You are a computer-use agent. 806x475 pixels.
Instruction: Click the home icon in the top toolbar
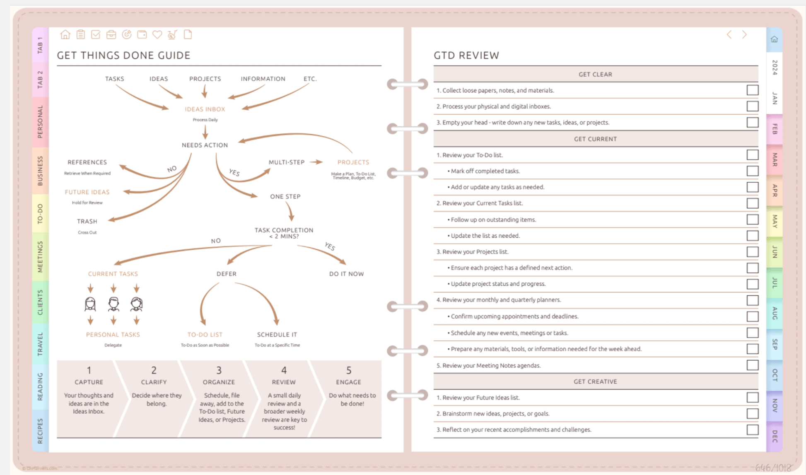click(x=65, y=35)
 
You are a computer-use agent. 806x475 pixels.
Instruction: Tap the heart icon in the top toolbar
click(x=157, y=35)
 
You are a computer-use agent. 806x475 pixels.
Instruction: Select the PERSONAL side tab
click(x=40, y=122)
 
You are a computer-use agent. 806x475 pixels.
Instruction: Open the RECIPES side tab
click(x=40, y=431)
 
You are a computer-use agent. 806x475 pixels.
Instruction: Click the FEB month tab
click(x=775, y=129)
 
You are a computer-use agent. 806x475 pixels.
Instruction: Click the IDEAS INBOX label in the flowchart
click(x=205, y=109)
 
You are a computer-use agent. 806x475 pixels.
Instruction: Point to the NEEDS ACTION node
click(x=205, y=145)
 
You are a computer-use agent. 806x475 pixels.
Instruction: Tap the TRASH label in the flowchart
click(x=87, y=222)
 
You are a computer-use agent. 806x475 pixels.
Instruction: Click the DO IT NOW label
click(x=346, y=274)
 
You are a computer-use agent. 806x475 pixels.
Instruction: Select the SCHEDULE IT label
click(x=277, y=335)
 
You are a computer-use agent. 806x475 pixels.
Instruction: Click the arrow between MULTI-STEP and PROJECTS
click(x=316, y=162)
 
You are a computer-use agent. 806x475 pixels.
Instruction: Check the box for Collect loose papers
click(x=752, y=90)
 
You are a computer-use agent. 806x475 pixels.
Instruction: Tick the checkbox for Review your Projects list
click(x=752, y=252)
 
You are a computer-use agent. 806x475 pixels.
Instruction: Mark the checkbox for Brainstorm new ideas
click(x=752, y=414)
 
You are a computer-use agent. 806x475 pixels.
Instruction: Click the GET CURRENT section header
click(x=595, y=139)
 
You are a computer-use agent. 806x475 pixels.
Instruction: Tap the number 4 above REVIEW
click(x=284, y=370)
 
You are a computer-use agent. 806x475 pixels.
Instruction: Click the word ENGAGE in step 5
click(x=348, y=382)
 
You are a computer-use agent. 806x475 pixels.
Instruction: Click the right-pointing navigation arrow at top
click(x=744, y=35)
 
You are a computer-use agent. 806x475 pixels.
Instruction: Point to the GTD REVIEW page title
click(x=466, y=55)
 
